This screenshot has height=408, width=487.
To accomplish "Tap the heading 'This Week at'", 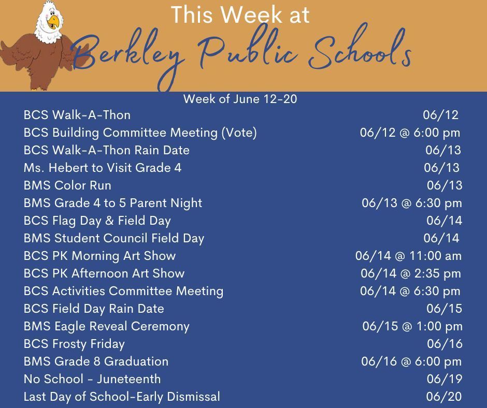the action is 240,14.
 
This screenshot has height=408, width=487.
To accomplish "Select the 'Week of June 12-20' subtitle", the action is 240,99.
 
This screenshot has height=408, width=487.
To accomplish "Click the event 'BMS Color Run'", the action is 67,185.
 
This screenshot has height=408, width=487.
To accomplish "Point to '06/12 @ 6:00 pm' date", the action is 410,133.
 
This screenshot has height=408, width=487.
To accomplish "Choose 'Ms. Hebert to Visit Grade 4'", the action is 103,168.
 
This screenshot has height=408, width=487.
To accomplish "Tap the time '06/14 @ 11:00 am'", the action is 408,256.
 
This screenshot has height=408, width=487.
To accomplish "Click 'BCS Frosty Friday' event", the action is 74,344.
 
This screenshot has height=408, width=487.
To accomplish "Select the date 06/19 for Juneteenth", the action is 445,379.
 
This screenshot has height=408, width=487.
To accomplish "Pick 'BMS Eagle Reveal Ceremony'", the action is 107,327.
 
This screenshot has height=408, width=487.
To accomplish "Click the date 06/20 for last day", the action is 444,397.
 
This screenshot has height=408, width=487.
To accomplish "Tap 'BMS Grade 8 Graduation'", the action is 96,361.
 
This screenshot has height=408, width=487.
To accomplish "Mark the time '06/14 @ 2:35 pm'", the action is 411,273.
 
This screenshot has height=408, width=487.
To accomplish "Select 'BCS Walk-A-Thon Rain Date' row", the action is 107,150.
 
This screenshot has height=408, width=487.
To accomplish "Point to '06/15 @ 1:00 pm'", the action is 412,326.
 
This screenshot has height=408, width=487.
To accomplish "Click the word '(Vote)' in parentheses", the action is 239,133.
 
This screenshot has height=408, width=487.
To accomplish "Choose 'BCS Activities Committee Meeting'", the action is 124,292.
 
